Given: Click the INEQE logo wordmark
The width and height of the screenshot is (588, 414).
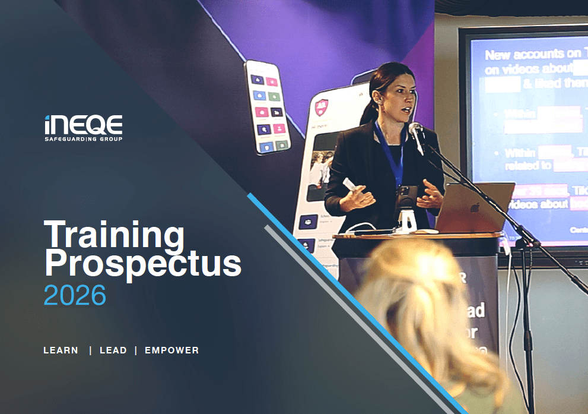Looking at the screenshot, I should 84,125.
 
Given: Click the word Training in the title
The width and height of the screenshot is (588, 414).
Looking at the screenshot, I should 115,235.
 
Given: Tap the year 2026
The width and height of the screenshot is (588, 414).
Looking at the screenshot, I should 75,295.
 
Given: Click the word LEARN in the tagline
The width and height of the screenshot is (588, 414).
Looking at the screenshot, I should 61,350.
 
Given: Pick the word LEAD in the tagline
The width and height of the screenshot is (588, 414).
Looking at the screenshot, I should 113,350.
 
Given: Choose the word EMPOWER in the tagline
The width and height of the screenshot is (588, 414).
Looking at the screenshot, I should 171,350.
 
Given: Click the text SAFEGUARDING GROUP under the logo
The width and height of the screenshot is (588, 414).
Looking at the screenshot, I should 84,139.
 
